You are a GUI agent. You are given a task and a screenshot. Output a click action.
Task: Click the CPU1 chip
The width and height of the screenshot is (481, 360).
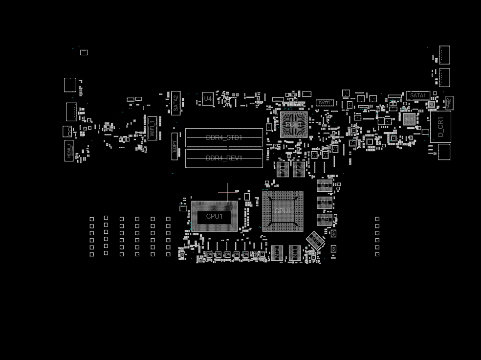coord(214,216)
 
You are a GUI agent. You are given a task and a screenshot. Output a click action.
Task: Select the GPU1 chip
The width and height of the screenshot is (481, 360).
coord(283,211)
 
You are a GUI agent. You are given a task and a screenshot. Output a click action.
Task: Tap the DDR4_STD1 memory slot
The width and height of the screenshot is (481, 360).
coord(224,138)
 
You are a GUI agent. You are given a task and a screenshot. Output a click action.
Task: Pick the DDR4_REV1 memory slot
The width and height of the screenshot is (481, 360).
coord(224,158)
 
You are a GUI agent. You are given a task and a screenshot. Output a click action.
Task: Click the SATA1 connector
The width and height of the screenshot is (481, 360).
coord(418,96)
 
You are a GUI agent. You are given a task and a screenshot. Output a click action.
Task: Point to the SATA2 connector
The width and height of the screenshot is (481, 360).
coord(176,103)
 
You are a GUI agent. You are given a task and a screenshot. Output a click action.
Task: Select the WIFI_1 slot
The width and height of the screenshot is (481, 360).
coord(153,128)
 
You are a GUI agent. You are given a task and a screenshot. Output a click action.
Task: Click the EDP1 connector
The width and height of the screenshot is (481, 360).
coord(175,146)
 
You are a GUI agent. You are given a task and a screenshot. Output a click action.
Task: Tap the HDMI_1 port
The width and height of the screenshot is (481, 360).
coord(69,151)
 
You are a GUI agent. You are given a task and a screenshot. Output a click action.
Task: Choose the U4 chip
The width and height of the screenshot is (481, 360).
coord(208,99)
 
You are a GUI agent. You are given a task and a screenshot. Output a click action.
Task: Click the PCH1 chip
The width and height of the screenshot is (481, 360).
coord(293,125)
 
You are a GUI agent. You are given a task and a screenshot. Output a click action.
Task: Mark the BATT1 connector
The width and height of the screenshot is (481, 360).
coord(325,103)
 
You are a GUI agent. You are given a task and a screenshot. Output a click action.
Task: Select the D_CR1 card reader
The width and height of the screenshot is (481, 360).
coord(440,127)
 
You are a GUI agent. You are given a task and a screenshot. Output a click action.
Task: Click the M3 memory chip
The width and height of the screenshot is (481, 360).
coord(325,186)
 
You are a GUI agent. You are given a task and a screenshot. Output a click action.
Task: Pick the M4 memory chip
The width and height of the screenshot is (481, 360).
coord(325,202)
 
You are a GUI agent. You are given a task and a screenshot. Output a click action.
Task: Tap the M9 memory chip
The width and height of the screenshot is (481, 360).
coord(325,220)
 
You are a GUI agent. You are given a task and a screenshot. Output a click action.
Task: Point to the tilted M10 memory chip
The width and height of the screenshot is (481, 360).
coord(315,240)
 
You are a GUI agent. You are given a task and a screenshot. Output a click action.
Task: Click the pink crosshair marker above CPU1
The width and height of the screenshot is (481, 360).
coord(227,192)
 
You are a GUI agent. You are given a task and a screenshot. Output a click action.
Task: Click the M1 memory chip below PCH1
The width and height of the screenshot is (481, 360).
coord(283,169)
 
